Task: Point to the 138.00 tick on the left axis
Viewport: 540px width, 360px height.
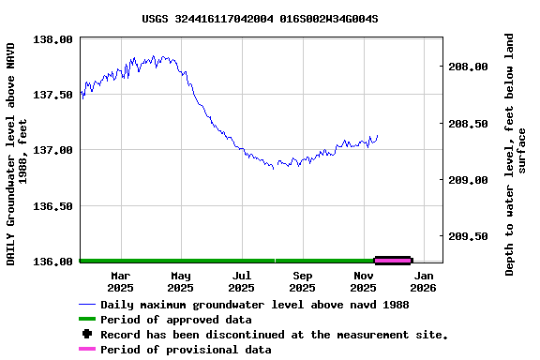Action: point(53,39)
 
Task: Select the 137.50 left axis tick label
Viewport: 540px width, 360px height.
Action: point(53,95)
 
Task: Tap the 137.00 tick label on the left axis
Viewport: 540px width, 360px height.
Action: point(53,150)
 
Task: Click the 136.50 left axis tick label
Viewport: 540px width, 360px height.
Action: point(53,206)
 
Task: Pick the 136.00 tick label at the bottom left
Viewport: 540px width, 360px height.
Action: point(53,262)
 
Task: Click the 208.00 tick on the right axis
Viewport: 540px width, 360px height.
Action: point(468,67)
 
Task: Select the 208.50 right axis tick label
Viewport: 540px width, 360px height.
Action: point(468,124)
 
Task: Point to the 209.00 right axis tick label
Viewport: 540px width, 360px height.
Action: point(468,180)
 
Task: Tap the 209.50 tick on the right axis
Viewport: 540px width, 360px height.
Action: point(468,236)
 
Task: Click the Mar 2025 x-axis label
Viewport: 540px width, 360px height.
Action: point(120,282)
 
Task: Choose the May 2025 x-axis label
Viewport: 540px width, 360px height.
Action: point(181,282)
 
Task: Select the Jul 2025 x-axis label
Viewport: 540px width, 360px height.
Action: point(241,282)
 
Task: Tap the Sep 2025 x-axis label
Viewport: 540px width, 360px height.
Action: point(303,282)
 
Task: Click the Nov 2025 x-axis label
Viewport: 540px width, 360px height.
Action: point(364,282)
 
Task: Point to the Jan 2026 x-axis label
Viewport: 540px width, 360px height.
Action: point(424,282)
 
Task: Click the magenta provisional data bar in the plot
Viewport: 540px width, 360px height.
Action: point(393,260)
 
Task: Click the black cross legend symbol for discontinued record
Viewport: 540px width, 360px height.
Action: point(87,335)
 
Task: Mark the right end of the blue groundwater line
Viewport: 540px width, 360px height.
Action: point(378,136)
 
